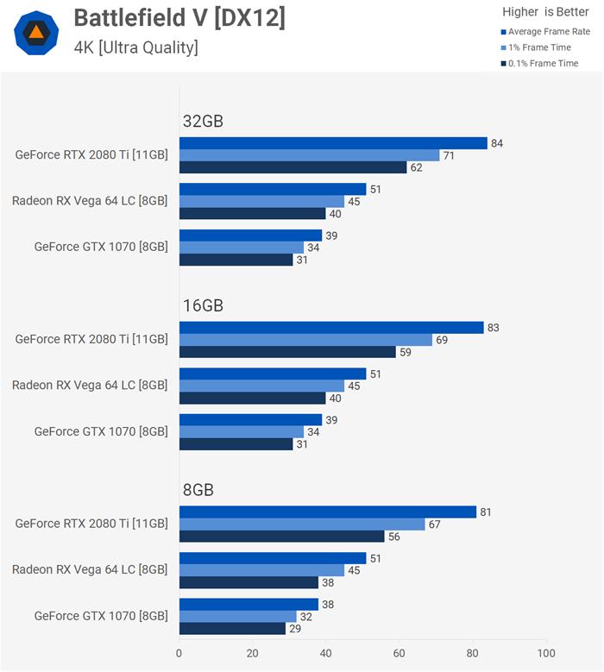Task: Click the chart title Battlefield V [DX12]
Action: pos(179,18)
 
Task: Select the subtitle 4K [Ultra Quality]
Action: pos(135,47)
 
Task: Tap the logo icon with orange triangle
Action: pos(37,34)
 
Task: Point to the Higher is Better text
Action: pos(546,12)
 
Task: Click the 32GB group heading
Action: pos(203,122)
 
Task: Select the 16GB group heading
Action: pos(203,305)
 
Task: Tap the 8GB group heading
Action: pos(198,490)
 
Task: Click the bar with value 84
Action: pos(332,143)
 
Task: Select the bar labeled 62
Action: pos(293,167)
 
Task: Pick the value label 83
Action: pos(494,328)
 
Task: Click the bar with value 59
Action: pos(287,352)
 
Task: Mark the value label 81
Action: pos(487,512)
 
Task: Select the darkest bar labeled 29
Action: pos(232,629)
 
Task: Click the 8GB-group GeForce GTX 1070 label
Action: pos(101,616)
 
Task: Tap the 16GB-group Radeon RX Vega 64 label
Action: pos(90,385)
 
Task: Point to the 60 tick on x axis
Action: pos(400,653)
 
